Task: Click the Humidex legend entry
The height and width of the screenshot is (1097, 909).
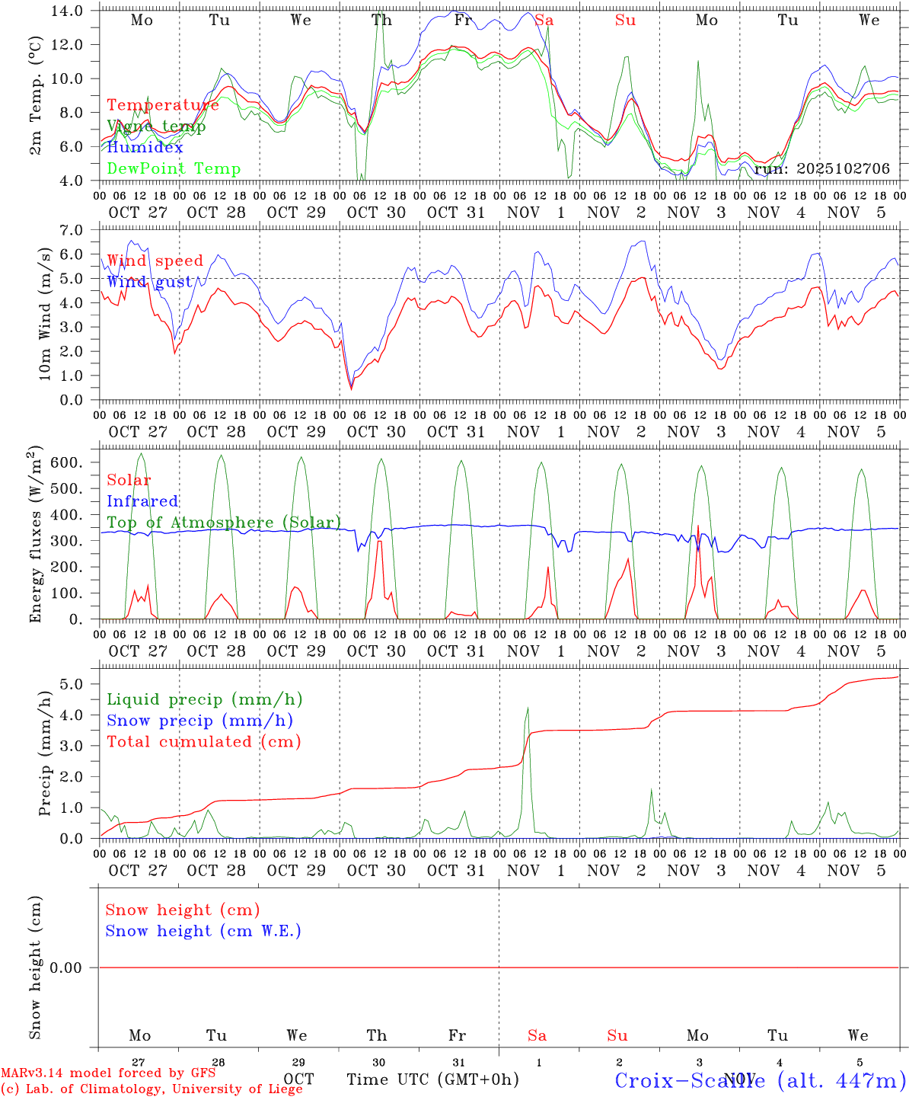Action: pyautogui.click(x=145, y=148)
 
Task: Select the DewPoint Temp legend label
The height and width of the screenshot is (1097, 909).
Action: pyautogui.click(x=174, y=169)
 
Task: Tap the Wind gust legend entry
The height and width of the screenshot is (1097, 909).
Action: pyautogui.click(x=149, y=282)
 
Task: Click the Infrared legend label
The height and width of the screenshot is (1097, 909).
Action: pyautogui.click(x=142, y=501)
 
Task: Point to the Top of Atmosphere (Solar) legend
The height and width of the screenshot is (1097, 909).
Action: pyautogui.click(x=224, y=523)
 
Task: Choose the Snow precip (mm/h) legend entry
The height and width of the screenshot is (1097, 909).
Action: pyautogui.click(x=199, y=721)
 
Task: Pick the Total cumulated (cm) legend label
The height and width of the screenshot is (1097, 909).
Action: pyautogui.click(x=203, y=741)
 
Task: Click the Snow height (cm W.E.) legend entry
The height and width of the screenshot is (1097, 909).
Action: pyautogui.click(x=203, y=931)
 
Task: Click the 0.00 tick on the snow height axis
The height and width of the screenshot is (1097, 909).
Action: pyautogui.click(x=76, y=967)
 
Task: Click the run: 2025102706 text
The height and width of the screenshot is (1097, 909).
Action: pyautogui.click(x=821, y=169)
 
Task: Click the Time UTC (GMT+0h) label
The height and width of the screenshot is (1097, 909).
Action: pyautogui.click(x=433, y=1079)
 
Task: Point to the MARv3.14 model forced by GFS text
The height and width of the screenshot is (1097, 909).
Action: pyautogui.click(x=108, y=1073)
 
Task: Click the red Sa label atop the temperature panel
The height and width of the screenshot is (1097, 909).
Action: pyautogui.click(x=544, y=21)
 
